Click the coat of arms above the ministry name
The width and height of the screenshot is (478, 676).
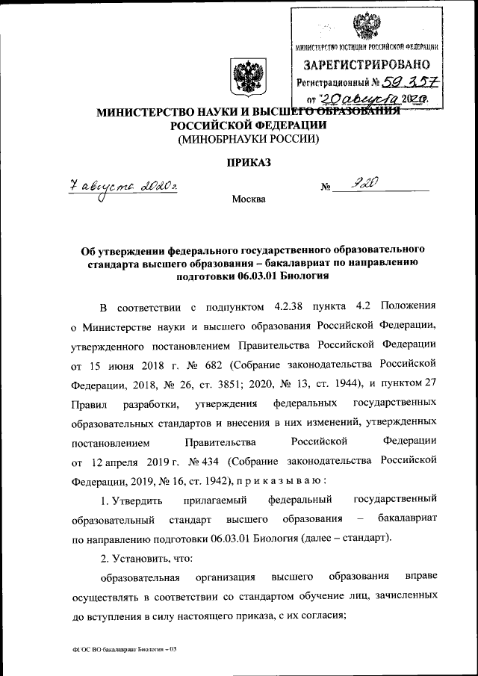[244, 78]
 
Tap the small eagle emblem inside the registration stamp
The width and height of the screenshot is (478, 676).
[365, 28]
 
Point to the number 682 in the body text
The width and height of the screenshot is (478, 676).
[211, 366]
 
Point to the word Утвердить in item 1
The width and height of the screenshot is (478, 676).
[132, 498]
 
